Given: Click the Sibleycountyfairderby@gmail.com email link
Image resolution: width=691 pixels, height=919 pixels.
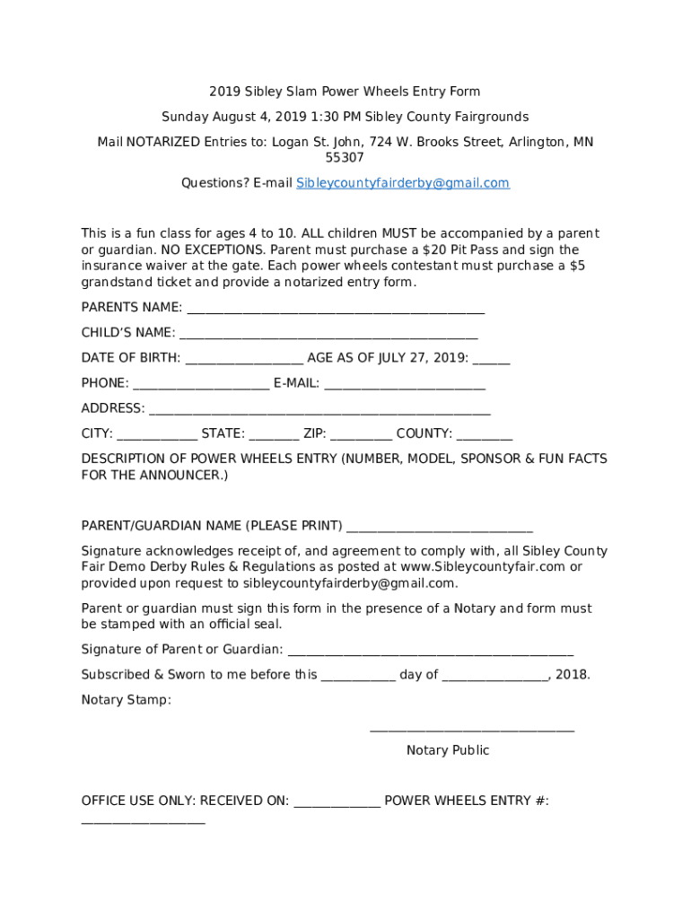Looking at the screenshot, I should (x=403, y=183).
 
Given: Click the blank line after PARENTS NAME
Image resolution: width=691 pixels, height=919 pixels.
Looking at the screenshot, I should (x=335, y=309).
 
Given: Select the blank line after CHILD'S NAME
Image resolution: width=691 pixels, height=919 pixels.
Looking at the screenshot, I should (x=328, y=334).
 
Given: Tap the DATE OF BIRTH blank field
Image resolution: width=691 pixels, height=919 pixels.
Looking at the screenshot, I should (x=243, y=359).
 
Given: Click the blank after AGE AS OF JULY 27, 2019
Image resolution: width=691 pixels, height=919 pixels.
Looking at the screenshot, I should (x=491, y=359).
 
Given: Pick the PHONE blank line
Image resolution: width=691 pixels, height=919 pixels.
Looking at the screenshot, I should (x=200, y=384).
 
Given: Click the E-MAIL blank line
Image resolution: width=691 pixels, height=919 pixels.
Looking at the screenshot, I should (x=405, y=384).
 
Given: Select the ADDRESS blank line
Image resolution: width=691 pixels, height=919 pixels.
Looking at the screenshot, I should (x=319, y=409).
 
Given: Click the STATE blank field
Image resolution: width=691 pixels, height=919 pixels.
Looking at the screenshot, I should (x=274, y=434).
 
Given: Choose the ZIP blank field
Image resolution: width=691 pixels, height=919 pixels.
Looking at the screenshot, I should (x=361, y=434).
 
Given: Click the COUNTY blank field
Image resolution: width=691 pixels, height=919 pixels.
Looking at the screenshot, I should (x=485, y=434).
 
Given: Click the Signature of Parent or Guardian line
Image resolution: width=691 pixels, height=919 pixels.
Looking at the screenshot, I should (x=430, y=651).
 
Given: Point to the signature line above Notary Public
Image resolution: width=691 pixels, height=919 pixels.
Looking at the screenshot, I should (x=472, y=731).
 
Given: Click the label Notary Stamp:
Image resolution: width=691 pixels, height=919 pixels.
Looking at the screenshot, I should (x=126, y=700).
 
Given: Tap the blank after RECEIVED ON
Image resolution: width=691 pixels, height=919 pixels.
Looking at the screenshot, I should (x=337, y=801).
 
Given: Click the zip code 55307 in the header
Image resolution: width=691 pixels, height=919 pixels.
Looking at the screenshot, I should (x=345, y=158).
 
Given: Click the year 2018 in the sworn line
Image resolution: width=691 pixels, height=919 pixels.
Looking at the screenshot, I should (x=573, y=675).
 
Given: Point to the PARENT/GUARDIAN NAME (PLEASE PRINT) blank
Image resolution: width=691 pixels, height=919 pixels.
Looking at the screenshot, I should (x=439, y=527).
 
